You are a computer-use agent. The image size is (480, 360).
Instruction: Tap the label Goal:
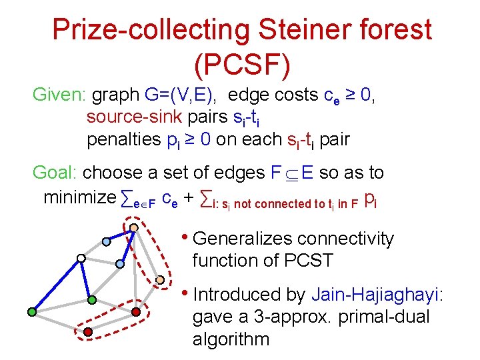point(55,173)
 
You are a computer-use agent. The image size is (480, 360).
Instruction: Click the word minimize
point(79,198)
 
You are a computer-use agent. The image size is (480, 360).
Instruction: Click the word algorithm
point(231,339)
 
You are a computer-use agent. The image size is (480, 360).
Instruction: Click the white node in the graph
point(81,257)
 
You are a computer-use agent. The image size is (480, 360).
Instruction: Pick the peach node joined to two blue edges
point(134,227)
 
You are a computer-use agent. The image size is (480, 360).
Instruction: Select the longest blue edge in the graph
point(56,285)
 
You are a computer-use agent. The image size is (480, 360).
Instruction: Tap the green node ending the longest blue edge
point(31,311)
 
